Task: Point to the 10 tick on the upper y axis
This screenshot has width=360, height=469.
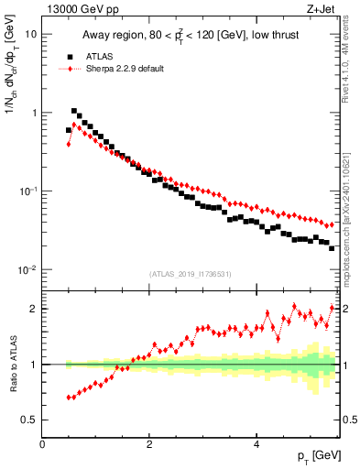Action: [30, 34]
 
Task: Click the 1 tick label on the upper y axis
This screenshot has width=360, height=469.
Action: [33, 113]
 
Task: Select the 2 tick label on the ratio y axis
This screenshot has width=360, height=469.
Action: [33, 309]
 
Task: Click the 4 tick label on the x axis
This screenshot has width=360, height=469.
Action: [256, 443]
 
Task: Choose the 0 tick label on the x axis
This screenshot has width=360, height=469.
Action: [42, 443]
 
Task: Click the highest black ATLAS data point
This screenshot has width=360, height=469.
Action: [74, 111]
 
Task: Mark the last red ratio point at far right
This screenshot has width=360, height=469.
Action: [332, 308]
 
